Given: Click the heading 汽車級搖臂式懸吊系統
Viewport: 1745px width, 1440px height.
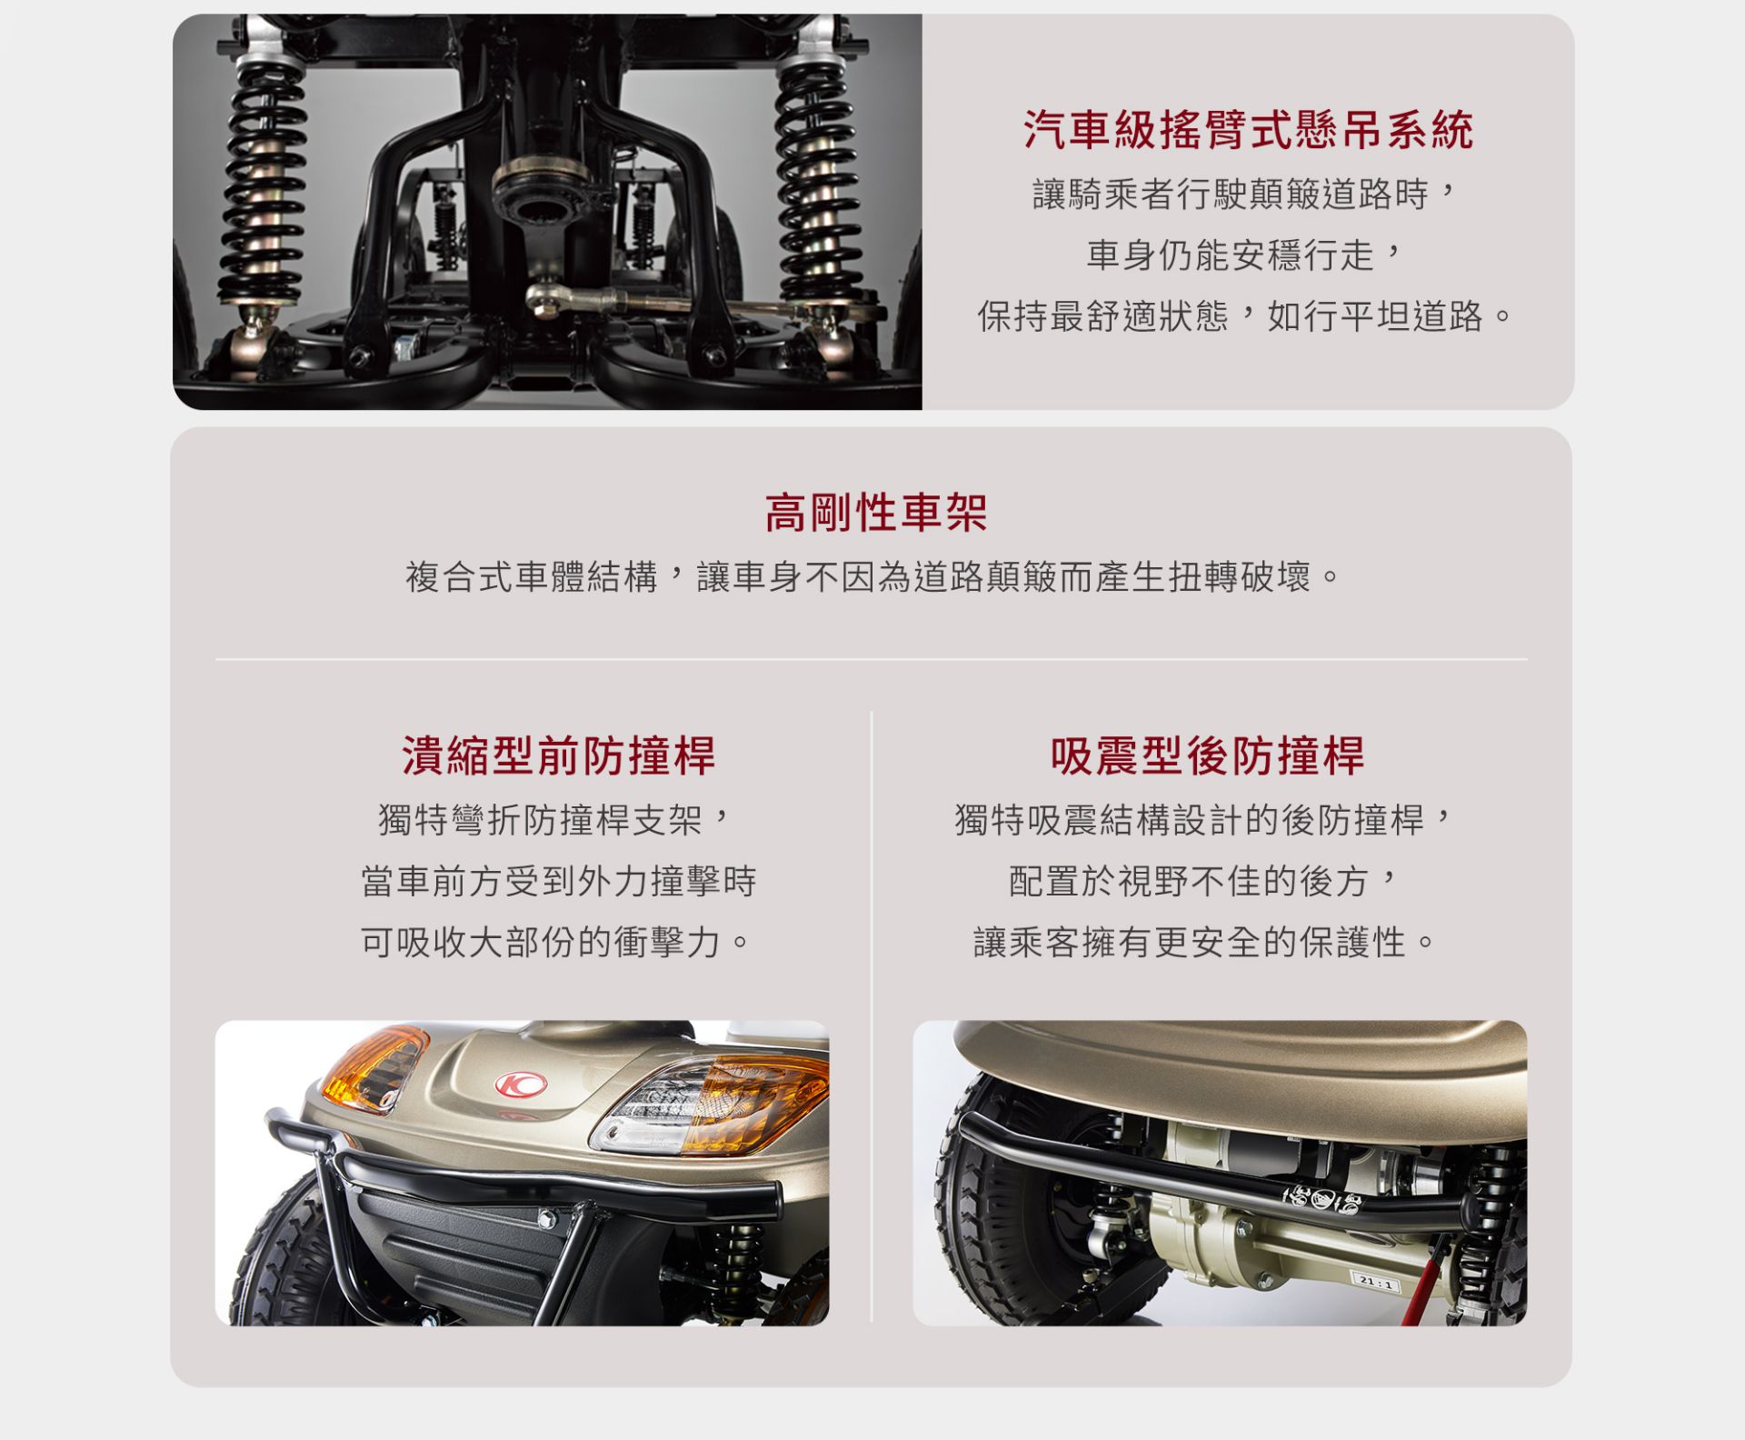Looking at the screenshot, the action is point(1248,130).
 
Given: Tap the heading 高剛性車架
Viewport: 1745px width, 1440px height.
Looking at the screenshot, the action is point(875,513).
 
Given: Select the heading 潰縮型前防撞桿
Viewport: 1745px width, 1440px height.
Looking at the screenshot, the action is point(559,755).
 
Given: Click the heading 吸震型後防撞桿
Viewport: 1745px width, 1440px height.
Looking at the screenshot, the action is point(1207,755).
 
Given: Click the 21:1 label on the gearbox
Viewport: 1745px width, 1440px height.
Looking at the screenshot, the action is point(1375,1283).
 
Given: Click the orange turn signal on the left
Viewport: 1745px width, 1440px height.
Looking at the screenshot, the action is point(374,1069).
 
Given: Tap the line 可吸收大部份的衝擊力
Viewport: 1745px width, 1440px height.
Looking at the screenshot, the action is point(556,942).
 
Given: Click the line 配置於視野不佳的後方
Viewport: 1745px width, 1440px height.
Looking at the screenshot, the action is point(1206,881).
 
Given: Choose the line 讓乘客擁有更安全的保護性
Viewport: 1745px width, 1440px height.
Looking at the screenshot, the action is point(1206,942).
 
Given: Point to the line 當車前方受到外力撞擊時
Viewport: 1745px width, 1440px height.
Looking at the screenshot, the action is point(558,881).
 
